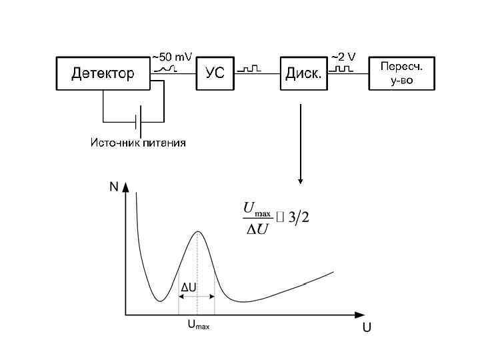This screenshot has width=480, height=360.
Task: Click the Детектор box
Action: pos(103,73)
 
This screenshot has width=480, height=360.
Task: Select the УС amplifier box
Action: pos(215,73)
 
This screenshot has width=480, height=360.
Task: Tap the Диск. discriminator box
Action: pos(304,73)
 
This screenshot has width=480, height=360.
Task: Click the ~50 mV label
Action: pos(172,57)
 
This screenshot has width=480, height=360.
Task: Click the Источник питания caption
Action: pos(138,143)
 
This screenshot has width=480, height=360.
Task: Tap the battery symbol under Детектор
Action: pos(138,122)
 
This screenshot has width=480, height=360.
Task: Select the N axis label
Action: pos(113,187)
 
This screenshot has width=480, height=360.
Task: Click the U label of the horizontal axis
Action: pos(367,329)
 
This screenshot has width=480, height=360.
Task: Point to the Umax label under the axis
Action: pos(197,325)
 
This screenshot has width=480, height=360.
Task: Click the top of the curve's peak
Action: pos(197,231)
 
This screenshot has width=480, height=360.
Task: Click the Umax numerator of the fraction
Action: pos(257,209)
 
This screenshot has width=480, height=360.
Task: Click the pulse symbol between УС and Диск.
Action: pos(252,69)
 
